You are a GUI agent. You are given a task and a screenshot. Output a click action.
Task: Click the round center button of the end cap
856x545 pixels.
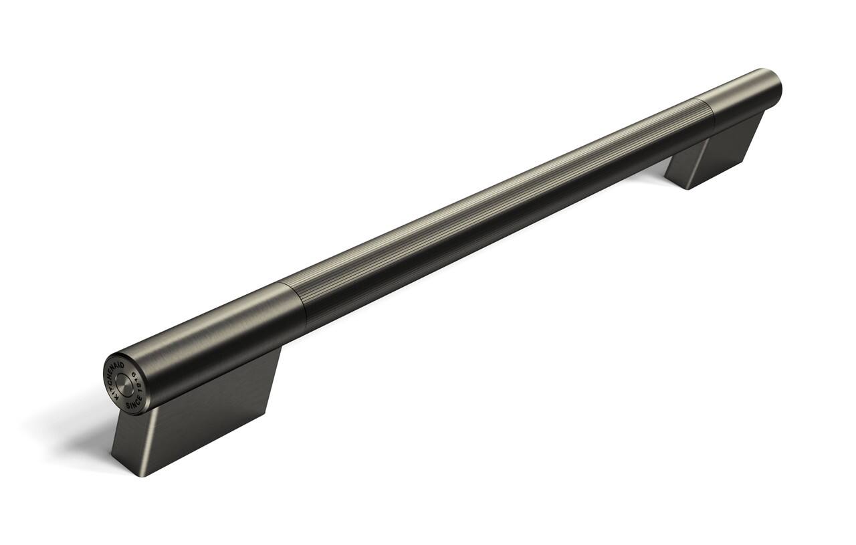124,383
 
